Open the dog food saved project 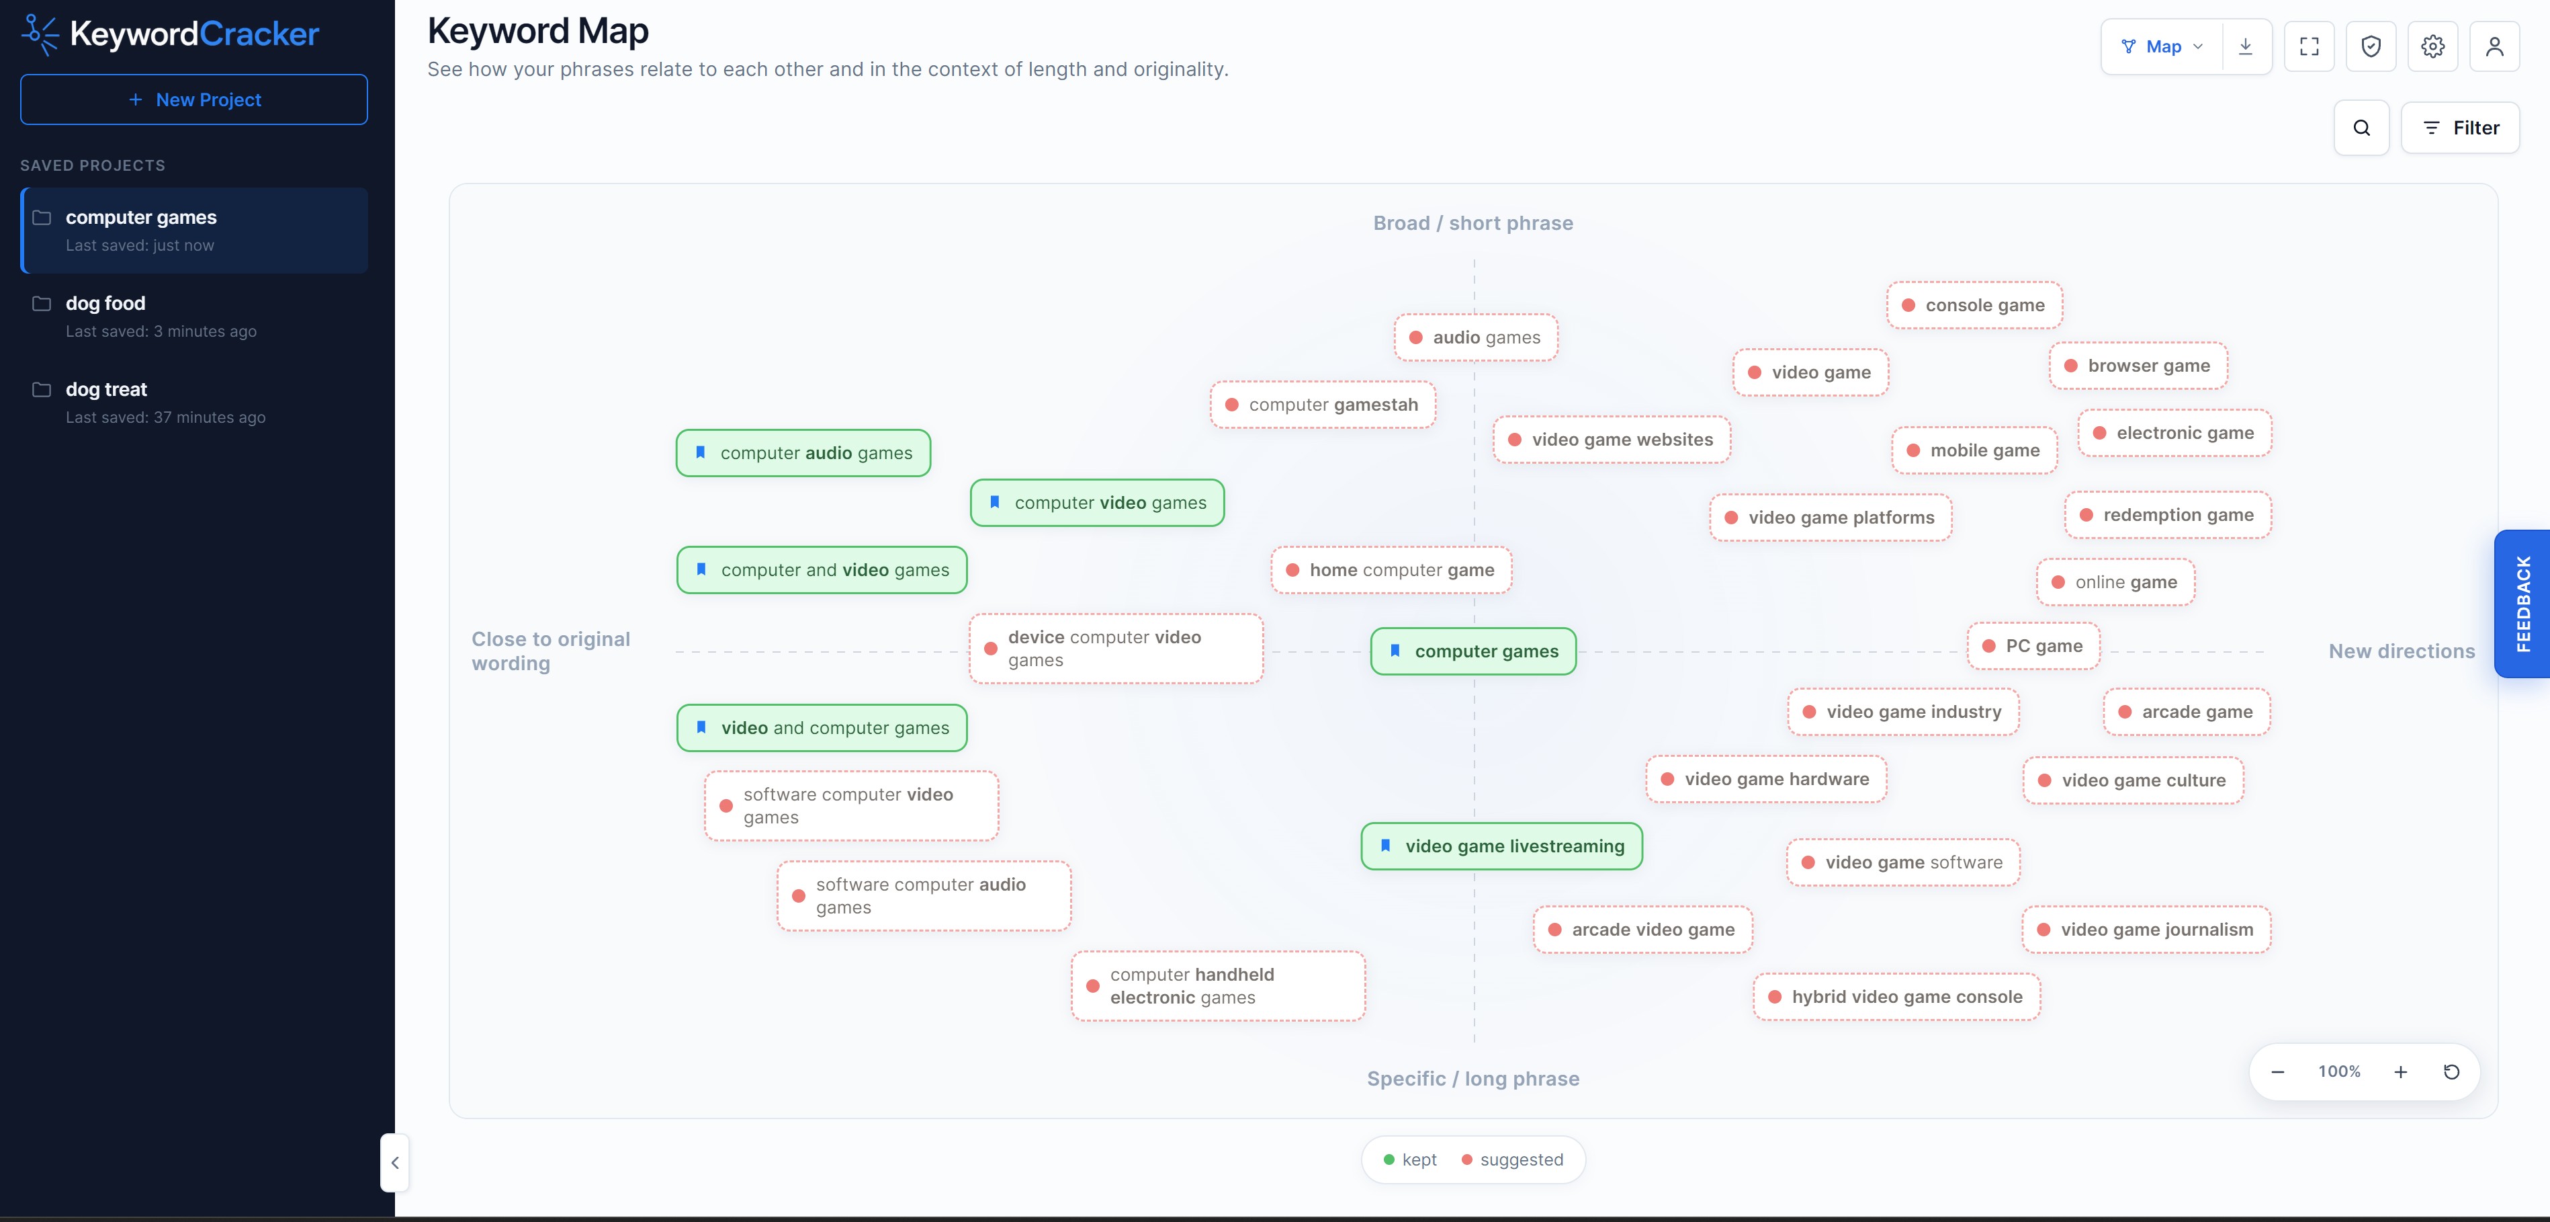pos(194,316)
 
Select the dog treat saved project pos(194,402)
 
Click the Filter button pos(2460,128)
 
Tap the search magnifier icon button pos(2362,128)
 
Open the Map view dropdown pos(2162,46)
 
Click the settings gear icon pos(2433,46)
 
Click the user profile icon pos(2494,46)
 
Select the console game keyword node pos(1974,305)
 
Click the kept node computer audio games pos(803,452)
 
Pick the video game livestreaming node pos(1501,846)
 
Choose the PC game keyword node pos(2033,646)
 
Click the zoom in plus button pos(2400,1071)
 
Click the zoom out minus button pos(2278,1071)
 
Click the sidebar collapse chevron pos(395,1163)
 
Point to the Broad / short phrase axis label pos(1473,222)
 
